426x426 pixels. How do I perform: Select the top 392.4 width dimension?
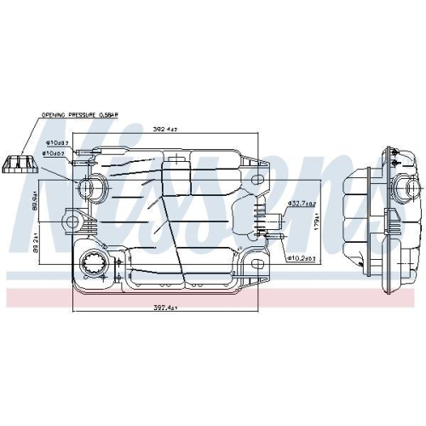coord(166,130)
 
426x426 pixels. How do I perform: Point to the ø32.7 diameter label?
coord(301,204)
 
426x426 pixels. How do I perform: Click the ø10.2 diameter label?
coord(301,256)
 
